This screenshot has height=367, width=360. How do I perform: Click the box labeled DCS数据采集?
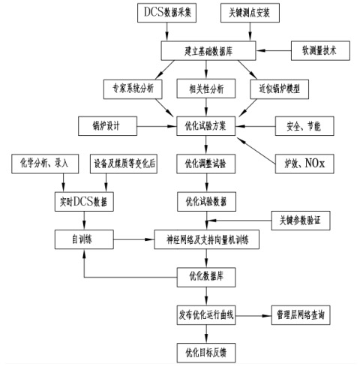(x=166, y=13)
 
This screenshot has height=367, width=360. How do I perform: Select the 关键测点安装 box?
(x=250, y=13)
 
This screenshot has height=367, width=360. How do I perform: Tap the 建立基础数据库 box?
(x=208, y=51)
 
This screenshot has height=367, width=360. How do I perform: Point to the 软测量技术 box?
(x=320, y=51)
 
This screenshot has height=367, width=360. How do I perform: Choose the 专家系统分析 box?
(x=133, y=89)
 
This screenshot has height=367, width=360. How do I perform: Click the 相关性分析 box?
(x=206, y=89)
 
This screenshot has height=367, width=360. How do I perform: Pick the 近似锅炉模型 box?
(x=280, y=89)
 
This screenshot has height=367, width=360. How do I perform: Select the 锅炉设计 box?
(x=107, y=126)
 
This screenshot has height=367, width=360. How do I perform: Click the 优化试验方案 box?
(x=206, y=126)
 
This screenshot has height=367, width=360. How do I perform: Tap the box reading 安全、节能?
(x=304, y=126)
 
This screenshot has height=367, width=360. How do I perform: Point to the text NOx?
(x=315, y=164)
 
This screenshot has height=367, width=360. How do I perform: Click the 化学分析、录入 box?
(x=45, y=164)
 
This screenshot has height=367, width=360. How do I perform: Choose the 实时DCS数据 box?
(x=84, y=202)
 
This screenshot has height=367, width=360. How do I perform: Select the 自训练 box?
(x=84, y=239)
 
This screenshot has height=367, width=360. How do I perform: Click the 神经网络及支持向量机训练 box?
(x=206, y=239)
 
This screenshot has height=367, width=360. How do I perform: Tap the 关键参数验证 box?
(x=301, y=221)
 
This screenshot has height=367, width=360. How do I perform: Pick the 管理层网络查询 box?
(x=301, y=315)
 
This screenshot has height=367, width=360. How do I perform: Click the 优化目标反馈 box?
(x=206, y=353)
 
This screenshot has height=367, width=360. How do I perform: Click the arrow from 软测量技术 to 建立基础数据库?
(x=274, y=51)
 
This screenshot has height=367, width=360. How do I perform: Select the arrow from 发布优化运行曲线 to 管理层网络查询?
(x=253, y=316)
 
